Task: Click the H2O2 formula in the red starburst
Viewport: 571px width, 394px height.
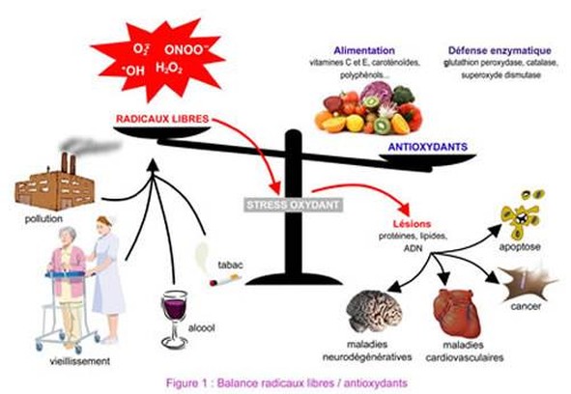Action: [x=169, y=69]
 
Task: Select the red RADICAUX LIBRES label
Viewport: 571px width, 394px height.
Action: [x=162, y=119]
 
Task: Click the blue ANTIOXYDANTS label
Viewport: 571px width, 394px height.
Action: [x=428, y=147]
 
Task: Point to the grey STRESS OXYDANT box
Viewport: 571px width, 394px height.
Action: [x=293, y=205]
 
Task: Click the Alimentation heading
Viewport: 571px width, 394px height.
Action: [x=364, y=50]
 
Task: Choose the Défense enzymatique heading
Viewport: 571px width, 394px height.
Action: [x=500, y=50]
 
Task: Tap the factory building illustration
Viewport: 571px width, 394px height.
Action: [x=55, y=183]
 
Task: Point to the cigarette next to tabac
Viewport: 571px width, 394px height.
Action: [x=225, y=280]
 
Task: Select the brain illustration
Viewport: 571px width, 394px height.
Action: [x=374, y=311]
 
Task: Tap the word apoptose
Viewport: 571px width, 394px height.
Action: [x=520, y=247]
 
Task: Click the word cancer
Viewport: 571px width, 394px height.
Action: [x=526, y=306]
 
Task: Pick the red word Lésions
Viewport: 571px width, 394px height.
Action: [x=412, y=224]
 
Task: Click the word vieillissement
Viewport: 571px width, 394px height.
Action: [x=80, y=361]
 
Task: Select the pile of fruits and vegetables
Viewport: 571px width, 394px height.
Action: [x=368, y=108]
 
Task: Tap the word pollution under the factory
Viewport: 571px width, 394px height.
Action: [x=43, y=219]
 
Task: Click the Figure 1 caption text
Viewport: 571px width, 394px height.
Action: [x=287, y=383]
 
